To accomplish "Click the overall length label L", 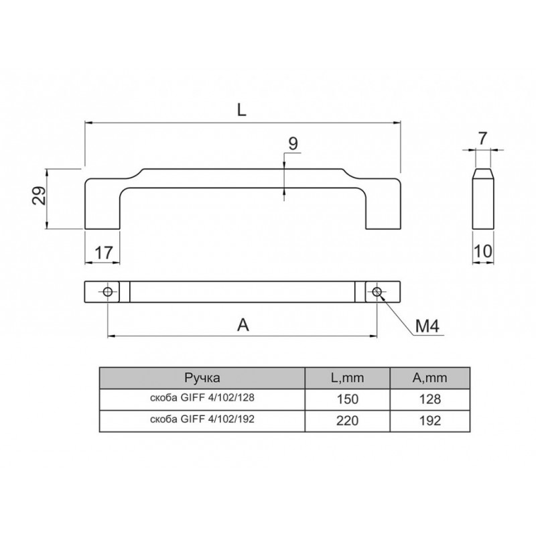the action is point(242,110).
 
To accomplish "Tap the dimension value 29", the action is point(39,196).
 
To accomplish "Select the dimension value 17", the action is point(103,253).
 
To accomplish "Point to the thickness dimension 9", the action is point(293,143).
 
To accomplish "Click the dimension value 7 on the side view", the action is point(482,139).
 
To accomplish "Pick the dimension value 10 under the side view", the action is point(482,251).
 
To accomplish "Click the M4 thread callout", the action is point(427,326).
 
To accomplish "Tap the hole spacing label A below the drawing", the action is point(243,325).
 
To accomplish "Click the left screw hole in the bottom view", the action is point(108,292).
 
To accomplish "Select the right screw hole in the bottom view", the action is point(377,292).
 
